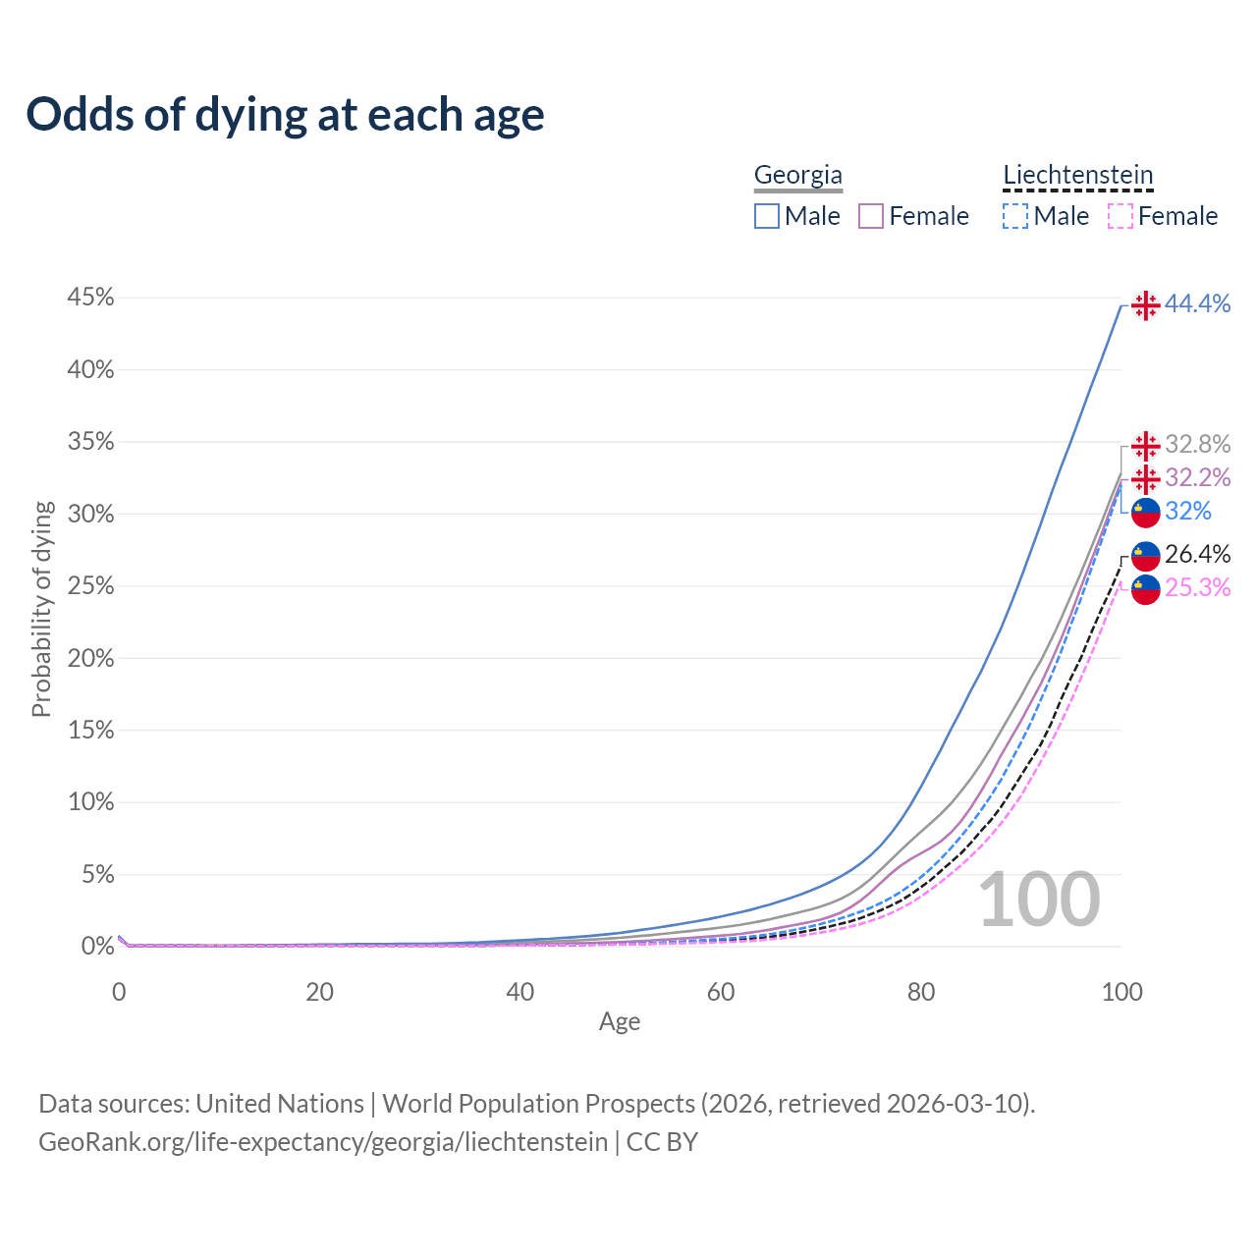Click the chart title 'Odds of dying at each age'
pyautogui.click(x=285, y=115)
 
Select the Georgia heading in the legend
pyautogui.click(x=797, y=175)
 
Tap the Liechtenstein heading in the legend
pyautogui.click(x=1077, y=175)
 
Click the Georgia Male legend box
pyautogui.click(x=767, y=216)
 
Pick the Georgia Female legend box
pyautogui.click(x=871, y=216)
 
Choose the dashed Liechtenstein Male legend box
pyautogui.click(x=1015, y=216)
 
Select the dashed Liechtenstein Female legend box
pyautogui.click(x=1120, y=216)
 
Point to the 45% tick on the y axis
pyautogui.click(x=90, y=298)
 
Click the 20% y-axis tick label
pyautogui.click(x=90, y=658)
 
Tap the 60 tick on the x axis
pyautogui.click(x=721, y=992)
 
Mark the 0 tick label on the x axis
pyautogui.click(x=119, y=992)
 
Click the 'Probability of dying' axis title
pyautogui.click(x=41, y=609)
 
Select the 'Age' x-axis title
pyautogui.click(x=620, y=1022)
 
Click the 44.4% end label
pyautogui.click(x=1197, y=304)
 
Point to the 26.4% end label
pyautogui.click(x=1197, y=554)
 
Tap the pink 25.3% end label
pyautogui.click(x=1197, y=587)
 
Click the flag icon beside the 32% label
pyautogui.click(x=1145, y=512)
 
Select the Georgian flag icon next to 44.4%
pyautogui.click(x=1145, y=305)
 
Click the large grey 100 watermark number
pyautogui.click(x=1039, y=900)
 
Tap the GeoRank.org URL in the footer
pyautogui.click(x=323, y=1142)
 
